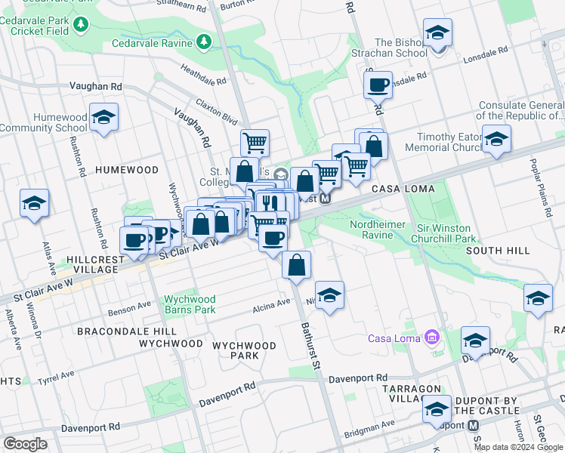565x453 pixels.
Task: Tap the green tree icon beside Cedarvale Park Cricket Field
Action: coord(81,26)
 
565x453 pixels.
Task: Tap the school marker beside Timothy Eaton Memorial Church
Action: coord(496,140)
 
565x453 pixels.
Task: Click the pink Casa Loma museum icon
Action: coord(431,337)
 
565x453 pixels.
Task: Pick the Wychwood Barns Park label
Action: coord(190,304)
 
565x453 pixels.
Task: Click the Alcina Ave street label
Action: coord(272,304)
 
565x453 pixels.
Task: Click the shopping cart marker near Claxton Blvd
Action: coord(255,142)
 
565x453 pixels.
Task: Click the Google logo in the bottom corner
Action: coord(25,444)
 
